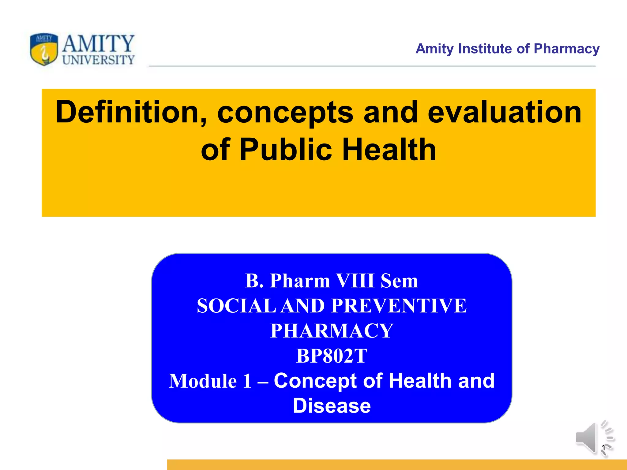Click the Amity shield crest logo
point(44,49)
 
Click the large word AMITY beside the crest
point(98,43)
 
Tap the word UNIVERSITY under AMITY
point(98,60)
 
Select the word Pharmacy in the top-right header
point(566,49)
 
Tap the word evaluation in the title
point(504,112)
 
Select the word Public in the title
point(285,150)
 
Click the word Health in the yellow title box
point(389,150)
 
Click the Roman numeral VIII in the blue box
point(355,281)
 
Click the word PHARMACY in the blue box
point(332,331)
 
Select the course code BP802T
point(332,356)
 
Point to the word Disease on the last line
point(332,406)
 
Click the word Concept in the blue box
point(315,381)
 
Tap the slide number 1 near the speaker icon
point(603,448)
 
